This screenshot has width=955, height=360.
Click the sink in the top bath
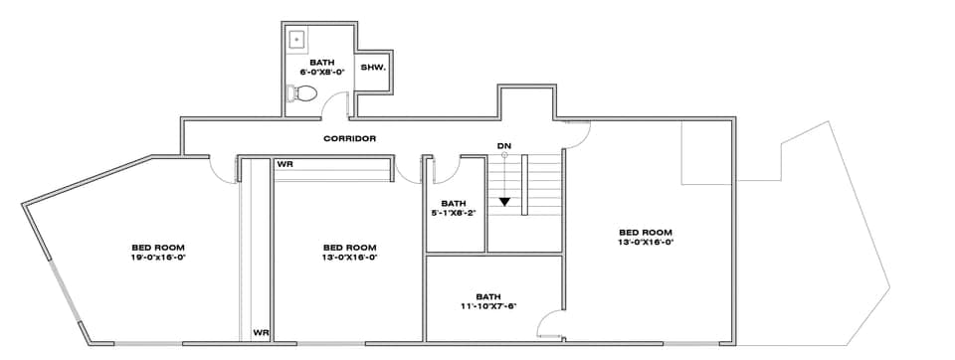(x=296, y=40)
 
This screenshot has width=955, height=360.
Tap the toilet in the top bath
(x=301, y=95)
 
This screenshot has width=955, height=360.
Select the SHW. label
(x=372, y=68)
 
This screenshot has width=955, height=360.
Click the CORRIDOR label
(x=350, y=138)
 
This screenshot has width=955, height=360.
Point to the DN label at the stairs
(x=504, y=146)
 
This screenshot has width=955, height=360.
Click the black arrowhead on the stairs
(x=505, y=202)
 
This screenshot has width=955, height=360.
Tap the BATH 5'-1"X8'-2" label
(x=454, y=207)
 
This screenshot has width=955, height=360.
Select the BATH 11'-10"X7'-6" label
(x=488, y=301)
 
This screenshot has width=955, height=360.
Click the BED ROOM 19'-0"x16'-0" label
(x=159, y=252)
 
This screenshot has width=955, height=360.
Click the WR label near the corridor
(x=285, y=163)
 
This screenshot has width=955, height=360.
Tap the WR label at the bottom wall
(x=261, y=333)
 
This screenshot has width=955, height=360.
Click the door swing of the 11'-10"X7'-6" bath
(x=547, y=323)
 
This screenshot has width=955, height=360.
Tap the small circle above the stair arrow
(x=504, y=155)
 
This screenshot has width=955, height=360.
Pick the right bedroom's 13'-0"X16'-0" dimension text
(x=647, y=241)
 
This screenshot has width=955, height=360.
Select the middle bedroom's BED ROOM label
(x=350, y=247)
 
